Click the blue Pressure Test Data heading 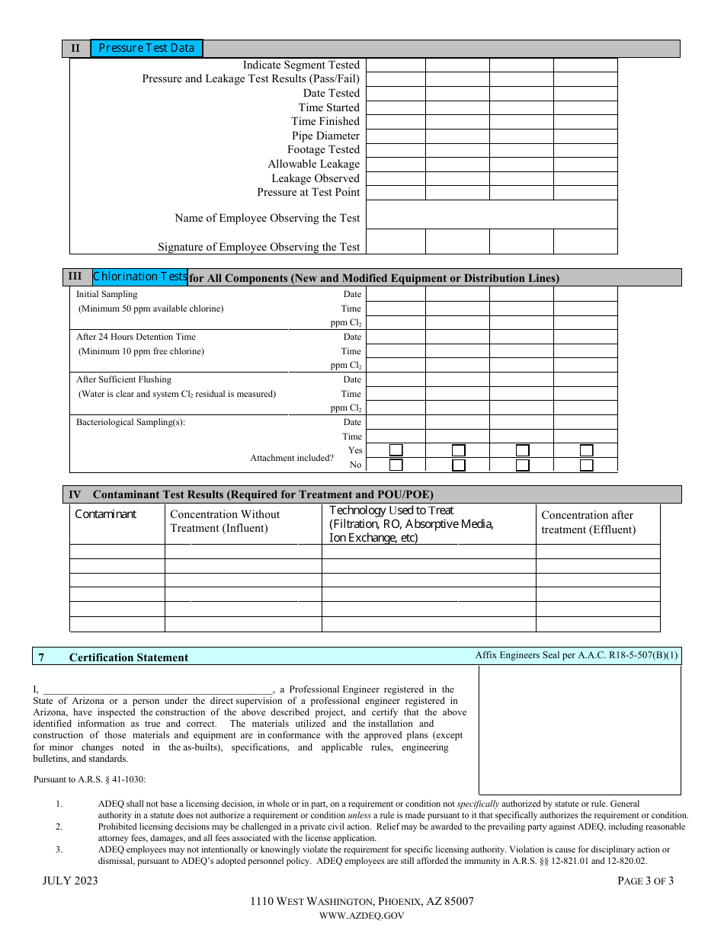[x=146, y=48]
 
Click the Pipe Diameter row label [x=325, y=136]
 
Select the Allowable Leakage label [x=313, y=164]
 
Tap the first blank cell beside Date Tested [x=396, y=93]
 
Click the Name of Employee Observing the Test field [x=492, y=215]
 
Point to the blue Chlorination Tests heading [x=140, y=277]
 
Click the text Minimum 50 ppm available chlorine [x=151, y=309]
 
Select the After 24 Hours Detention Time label [x=136, y=337]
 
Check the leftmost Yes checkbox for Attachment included [x=396, y=450]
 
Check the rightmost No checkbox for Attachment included [x=586, y=465]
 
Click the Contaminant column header [x=105, y=514]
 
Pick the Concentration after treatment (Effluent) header [x=588, y=523]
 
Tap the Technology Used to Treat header [x=391, y=510]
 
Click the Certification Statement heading [x=129, y=657]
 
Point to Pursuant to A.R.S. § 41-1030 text [x=89, y=779]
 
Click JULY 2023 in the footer [x=70, y=881]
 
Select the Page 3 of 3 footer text [x=646, y=881]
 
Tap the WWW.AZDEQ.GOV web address [x=362, y=916]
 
